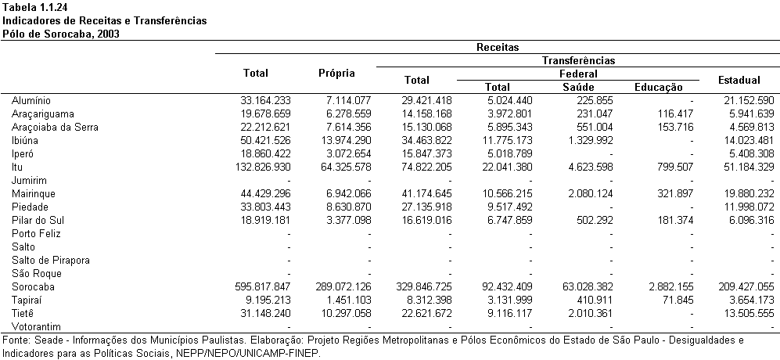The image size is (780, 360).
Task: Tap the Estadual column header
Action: (x=739, y=80)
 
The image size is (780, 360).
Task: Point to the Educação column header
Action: (x=658, y=88)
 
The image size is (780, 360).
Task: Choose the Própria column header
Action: (x=336, y=74)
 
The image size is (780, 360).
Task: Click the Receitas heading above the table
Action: (x=498, y=47)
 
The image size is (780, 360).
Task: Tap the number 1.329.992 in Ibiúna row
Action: (x=588, y=140)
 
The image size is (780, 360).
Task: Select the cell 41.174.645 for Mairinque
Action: (x=426, y=193)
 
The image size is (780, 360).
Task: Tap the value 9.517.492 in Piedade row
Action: (x=508, y=207)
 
